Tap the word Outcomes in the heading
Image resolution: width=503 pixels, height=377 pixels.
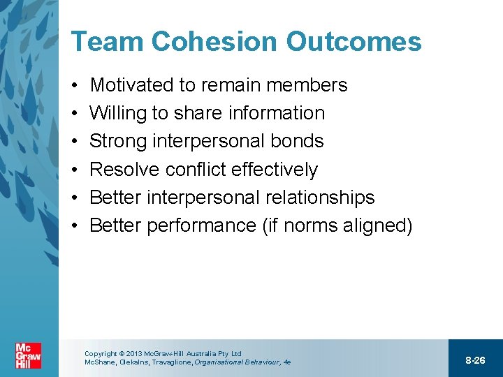click(x=356, y=42)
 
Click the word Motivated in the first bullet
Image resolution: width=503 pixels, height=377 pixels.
click(x=132, y=85)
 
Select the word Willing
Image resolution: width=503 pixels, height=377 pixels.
click(x=116, y=114)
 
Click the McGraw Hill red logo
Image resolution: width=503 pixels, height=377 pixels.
click(x=29, y=356)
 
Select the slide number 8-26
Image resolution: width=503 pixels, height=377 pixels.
click(x=475, y=360)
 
